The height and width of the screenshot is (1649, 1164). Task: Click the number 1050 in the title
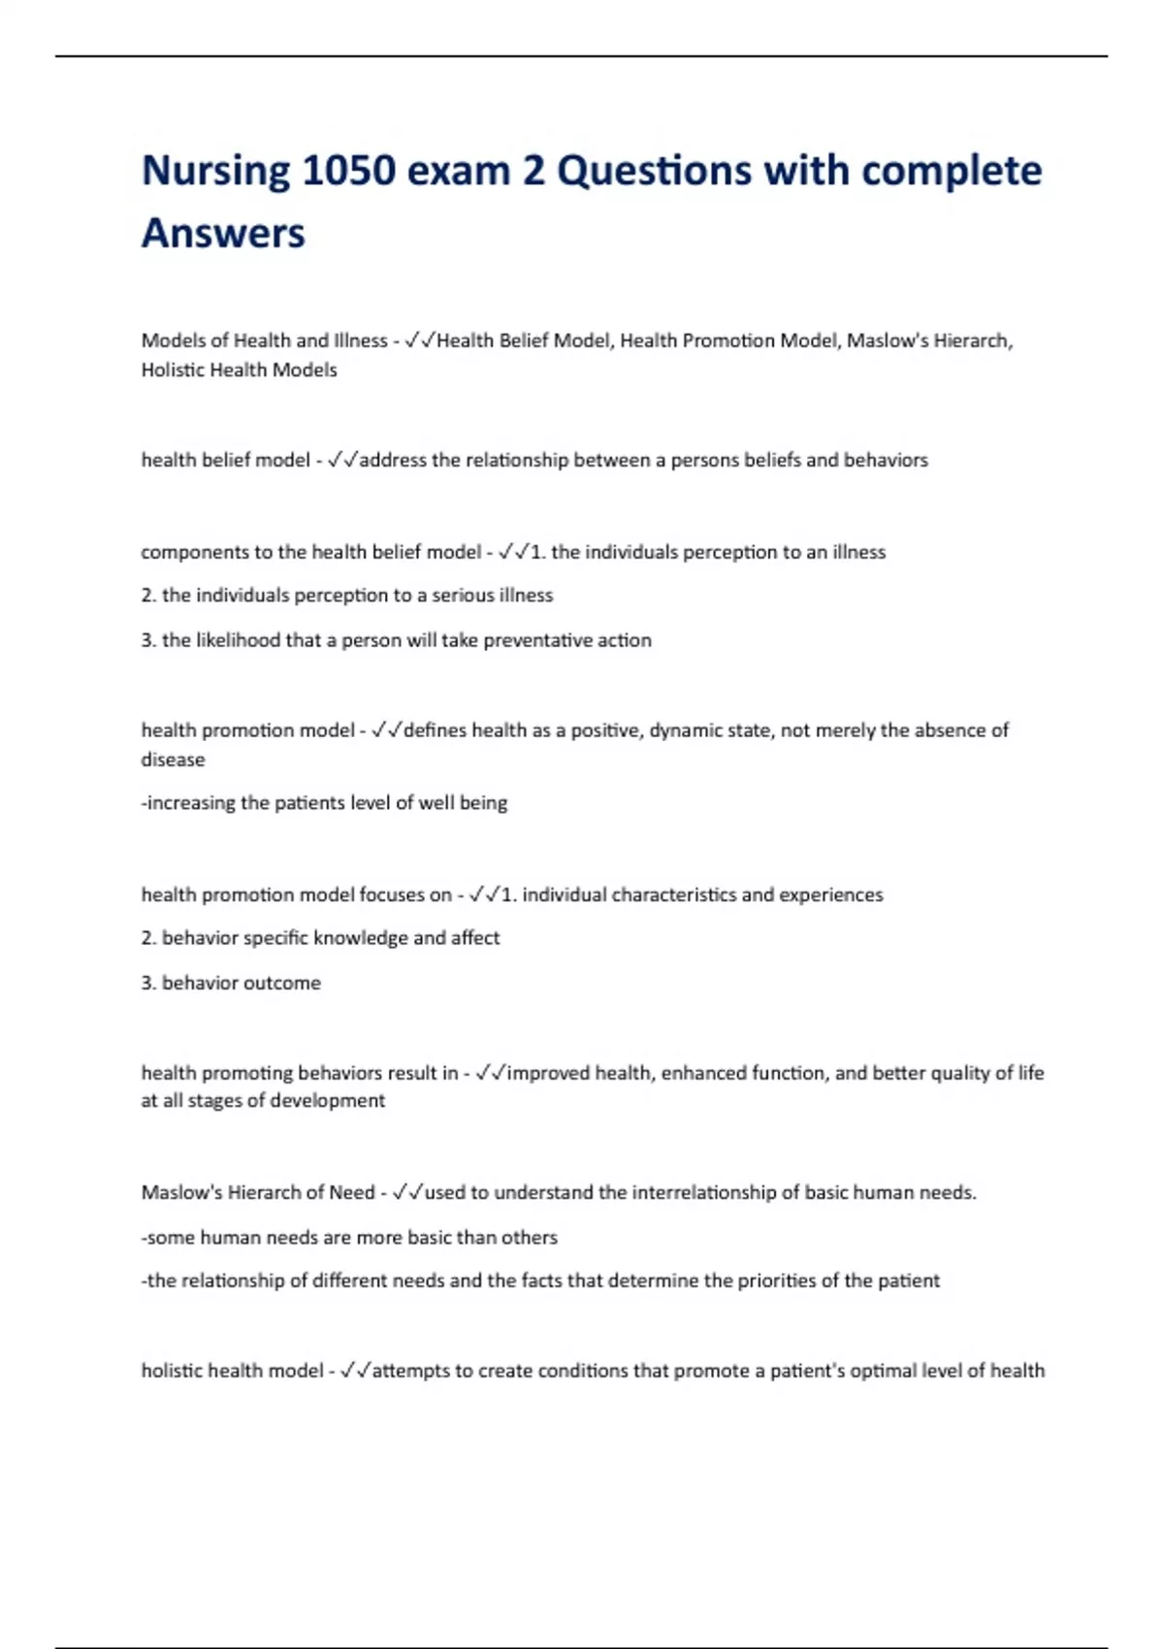point(349,171)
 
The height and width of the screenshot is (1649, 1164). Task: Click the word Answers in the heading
point(223,234)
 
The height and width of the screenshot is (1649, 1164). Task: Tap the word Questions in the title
point(654,171)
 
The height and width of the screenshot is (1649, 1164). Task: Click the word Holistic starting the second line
point(172,370)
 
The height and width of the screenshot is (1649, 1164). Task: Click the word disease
point(173,760)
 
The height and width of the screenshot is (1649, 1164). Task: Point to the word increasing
point(192,803)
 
